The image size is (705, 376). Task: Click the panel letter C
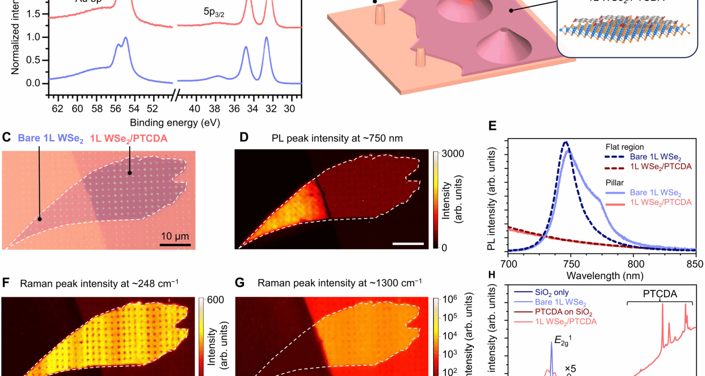[x=6, y=137]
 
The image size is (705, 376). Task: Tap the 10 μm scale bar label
[x=175, y=236]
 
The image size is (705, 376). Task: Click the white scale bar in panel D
[x=408, y=243]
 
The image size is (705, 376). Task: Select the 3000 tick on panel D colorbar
[x=453, y=153]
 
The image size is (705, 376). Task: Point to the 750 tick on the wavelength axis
[x=571, y=264]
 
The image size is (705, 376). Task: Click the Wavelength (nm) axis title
[x=605, y=275]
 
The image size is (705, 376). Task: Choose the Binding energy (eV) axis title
[x=175, y=123]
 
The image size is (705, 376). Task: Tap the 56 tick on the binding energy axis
[x=115, y=109]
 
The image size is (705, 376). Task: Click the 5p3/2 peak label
[x=214, y=12]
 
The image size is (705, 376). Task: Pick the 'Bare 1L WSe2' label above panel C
[x=51, y=138]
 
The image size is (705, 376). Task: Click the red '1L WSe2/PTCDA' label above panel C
[x=129, y=138]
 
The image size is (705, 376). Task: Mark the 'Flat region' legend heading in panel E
[x=625, y=147]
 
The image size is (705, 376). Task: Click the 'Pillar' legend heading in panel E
[x=615, y=182]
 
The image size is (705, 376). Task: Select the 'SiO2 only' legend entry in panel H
[x=552, y=293]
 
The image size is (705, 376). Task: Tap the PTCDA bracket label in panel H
[x=660, y=294]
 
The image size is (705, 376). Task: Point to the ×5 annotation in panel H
[x=570, y=368]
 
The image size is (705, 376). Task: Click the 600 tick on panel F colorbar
[x=216, y=300]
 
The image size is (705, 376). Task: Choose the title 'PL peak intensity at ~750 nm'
[x=337, y=138]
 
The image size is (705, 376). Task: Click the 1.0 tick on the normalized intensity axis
[x=33, y=37]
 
